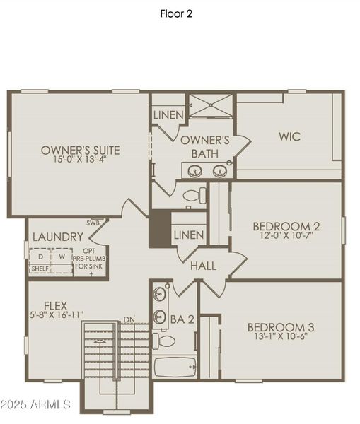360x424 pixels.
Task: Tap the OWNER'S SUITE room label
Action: tap(80, 150)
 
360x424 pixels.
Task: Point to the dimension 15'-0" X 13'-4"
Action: tap(80, 160)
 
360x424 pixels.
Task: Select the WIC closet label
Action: tap(289, 136)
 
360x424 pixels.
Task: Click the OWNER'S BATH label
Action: tap(205, 147)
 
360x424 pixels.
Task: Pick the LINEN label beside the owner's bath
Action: tap(168, 114)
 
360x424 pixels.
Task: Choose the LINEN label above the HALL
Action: tap(188, 235)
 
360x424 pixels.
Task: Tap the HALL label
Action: tap(203, 266)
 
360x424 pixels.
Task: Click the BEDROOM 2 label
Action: tap(286, 226)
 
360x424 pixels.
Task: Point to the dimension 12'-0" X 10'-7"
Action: tap(286, 237)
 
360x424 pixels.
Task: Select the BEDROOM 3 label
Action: tap(280, 327)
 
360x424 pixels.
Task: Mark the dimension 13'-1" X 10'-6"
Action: tap(280, 338)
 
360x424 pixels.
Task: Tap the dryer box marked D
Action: tap(40, 256)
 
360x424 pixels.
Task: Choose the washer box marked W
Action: tap(62, 256)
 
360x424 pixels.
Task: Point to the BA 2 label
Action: tap(182, 319)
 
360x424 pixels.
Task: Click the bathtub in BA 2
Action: tap(175, 367)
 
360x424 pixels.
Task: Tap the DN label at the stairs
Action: tap(129, 320)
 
